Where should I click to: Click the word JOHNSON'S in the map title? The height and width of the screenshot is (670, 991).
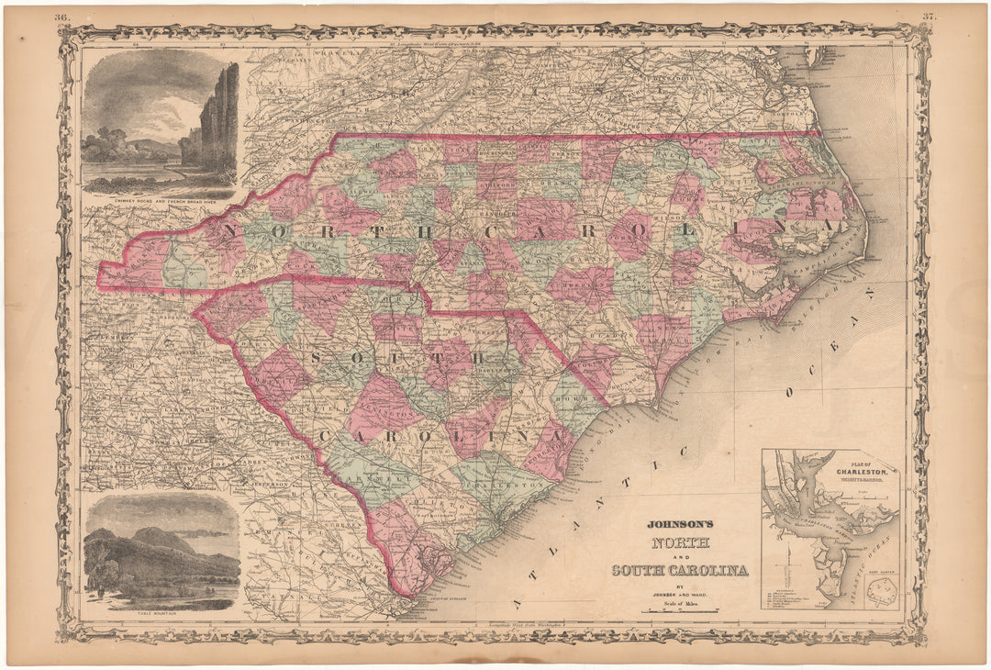coord(680,526)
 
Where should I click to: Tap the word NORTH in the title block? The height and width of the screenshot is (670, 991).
coord(680,542)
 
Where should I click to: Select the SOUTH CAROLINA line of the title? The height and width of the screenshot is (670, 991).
coord(680,570)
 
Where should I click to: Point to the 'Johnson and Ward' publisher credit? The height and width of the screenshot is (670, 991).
coord(680,594)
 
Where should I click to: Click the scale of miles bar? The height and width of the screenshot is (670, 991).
coord(680,609)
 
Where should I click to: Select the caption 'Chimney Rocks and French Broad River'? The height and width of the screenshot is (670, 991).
coord(160,197)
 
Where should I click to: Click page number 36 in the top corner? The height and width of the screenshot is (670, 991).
coord(61,17)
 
